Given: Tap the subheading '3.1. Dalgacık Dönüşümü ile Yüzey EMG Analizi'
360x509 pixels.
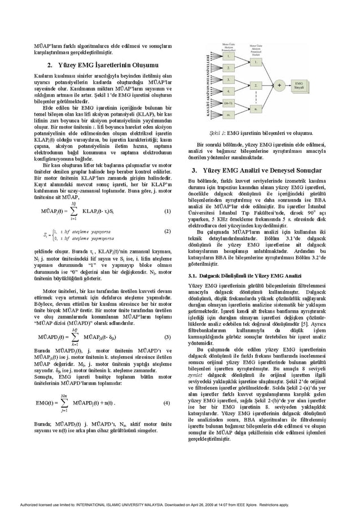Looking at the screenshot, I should point(244,275).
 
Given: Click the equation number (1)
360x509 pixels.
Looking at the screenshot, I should point(167,212).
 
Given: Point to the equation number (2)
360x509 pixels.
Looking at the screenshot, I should point(167,231).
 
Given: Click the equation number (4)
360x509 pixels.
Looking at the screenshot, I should point(167,403).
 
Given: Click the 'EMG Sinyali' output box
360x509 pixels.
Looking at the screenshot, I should point(299,86).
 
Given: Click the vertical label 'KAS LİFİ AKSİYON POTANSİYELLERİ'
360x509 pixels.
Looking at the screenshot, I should point(209,86).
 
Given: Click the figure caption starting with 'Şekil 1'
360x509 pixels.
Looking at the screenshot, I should point(258,133).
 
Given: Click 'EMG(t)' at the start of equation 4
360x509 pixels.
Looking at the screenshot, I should point(45,403).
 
